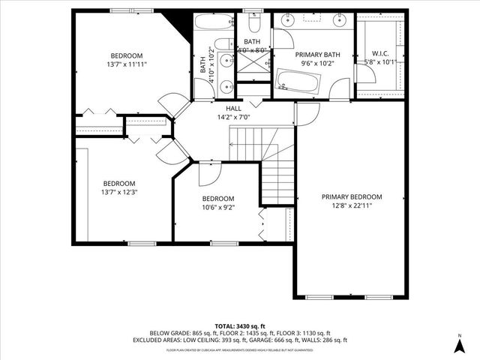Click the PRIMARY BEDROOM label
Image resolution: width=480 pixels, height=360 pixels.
coord(352,196)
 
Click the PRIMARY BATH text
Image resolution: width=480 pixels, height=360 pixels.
coord(317,55)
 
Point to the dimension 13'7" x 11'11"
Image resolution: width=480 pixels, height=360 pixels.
coord(128,64)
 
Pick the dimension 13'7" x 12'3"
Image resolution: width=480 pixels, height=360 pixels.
coord(119,192)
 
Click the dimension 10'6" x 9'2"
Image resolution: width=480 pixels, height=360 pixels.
coord(218,208)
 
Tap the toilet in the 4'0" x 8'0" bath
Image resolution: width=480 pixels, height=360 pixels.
coord(253,23)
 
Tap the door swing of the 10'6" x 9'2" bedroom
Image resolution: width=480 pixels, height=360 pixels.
coord(210,172)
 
